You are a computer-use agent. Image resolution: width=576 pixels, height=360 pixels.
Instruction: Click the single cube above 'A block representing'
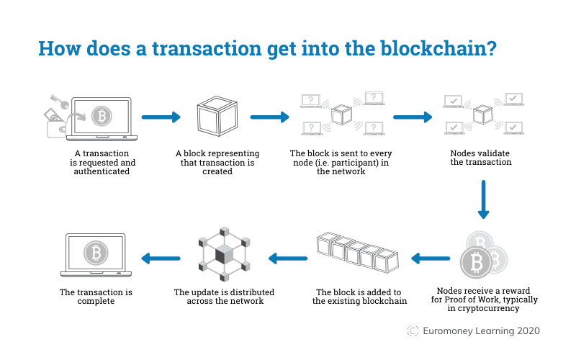(x=217, y=117)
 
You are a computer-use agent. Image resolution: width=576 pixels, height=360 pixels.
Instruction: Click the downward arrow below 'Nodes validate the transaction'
(x=483, y=199)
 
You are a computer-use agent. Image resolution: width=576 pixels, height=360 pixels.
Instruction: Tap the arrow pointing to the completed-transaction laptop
(x=160, y=257)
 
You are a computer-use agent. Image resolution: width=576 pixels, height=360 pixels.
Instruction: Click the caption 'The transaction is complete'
(x=96, y=297)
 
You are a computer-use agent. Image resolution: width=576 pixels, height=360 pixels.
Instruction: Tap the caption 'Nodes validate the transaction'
(x=480, y=158)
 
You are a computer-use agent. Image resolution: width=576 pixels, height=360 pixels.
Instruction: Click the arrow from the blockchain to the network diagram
(x=287, y=257)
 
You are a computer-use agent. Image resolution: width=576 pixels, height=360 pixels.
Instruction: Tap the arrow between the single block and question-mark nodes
(x=269, y=116)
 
